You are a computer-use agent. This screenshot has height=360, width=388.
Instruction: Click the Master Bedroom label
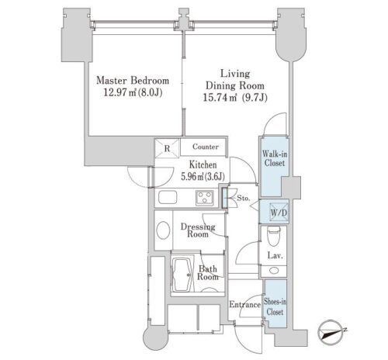[133, 81]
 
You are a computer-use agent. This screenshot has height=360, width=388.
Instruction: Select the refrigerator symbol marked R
[167, 148]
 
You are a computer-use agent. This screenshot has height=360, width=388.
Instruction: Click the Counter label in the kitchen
[206, 147]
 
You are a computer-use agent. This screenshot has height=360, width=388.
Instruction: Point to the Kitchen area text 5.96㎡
[192, 177]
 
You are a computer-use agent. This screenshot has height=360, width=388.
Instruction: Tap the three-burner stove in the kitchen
[205, 198]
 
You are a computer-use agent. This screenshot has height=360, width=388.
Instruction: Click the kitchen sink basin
[168, 197]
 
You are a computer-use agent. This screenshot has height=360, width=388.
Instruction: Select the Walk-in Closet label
[275, 158]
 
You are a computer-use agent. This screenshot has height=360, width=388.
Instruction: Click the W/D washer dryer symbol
[279, 213]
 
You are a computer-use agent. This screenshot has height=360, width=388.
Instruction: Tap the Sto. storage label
[244, 199]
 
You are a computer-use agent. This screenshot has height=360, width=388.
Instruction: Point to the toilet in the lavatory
[274, 236]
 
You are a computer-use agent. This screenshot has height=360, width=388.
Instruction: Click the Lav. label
[275, 255]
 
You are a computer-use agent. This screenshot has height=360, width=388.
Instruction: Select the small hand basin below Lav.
[274, 271]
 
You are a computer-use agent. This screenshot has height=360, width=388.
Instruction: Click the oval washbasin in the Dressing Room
[163, 230]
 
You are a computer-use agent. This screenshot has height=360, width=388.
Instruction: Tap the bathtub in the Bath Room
[182, 275]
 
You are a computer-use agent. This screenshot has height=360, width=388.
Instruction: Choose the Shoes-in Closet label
[275, 306]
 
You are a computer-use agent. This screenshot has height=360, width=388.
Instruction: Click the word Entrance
[244, 304]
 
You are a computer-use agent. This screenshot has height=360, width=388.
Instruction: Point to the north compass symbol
[331, 333]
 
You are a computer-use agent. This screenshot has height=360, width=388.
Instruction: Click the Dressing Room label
[198, 230]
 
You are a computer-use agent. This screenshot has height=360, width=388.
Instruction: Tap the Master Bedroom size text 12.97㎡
[120, 92]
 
